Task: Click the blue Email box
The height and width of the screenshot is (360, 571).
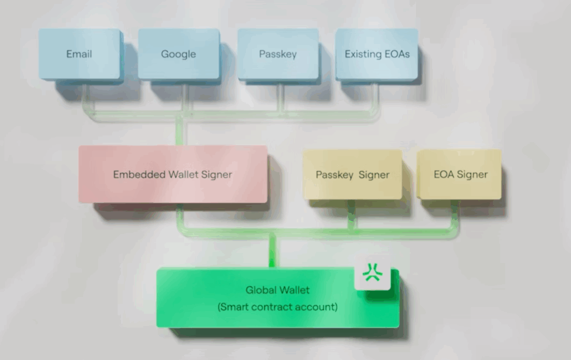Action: click(80, 54)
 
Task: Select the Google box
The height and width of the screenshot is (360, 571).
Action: click(178, 54)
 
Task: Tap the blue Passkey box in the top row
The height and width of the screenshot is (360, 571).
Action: click(278, 54)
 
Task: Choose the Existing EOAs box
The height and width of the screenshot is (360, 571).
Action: click(376, 54)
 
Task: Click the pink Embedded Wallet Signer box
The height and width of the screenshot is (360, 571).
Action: click(172, 174)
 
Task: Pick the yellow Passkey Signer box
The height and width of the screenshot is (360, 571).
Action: click(352, 174)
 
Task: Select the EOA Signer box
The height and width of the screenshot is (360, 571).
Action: click(461, 174)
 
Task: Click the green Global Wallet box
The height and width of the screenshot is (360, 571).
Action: click(277, 298)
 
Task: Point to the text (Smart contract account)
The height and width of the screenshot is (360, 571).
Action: click(277, 307)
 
